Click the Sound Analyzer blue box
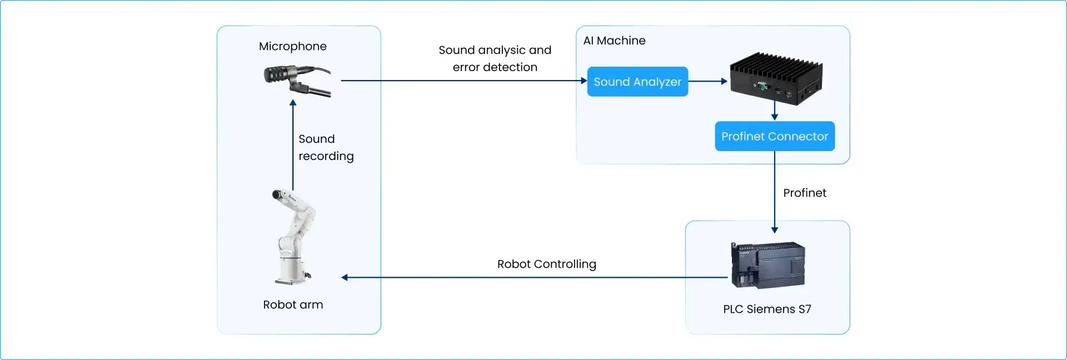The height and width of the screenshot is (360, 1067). point(637,82)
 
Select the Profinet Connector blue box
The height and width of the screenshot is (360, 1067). point(774,136)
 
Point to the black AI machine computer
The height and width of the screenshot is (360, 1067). point(776,79)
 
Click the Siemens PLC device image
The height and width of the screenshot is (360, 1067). point(767,265)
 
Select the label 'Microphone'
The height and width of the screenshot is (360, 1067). point(292,46)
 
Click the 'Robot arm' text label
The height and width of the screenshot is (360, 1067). point(293,304)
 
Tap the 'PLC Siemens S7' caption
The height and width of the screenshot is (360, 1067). point(767,309)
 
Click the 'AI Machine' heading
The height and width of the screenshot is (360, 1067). point(614,41)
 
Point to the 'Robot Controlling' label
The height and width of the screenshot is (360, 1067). point(546,264)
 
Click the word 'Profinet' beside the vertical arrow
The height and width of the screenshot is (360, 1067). point(804,193)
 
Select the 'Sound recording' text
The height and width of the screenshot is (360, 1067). point(326,147)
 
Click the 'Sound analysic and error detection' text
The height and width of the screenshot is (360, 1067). point(495,58)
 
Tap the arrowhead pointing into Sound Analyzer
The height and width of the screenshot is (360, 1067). point(584,81)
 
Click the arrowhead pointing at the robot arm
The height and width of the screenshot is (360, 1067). point(345,277)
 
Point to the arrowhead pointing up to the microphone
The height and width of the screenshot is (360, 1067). point(293,103)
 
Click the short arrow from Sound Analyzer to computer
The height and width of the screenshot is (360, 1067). point(707,81)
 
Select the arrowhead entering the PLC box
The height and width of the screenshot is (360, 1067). point(774,229)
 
